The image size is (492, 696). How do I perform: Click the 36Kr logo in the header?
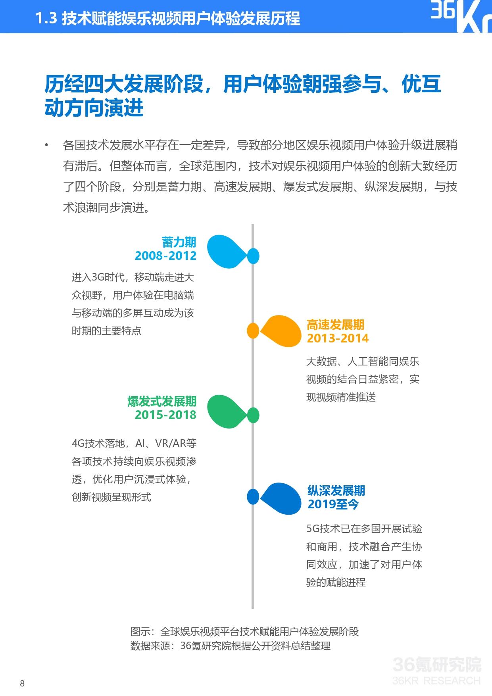[460, 17]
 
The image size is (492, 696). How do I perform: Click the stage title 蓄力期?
[179, 242]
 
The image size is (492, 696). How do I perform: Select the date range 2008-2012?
[165, 256]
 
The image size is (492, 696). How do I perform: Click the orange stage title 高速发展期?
[335, 325]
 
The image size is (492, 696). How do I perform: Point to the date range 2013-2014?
[338, 338]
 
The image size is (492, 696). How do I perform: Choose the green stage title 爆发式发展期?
[162, 402]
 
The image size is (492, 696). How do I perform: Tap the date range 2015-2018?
[165, 415]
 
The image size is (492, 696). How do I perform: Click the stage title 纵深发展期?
[336, 491]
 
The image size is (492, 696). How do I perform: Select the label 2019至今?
[333, 504]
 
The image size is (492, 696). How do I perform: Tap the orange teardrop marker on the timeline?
[280, 331]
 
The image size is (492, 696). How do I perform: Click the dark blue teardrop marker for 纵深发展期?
[280, 498]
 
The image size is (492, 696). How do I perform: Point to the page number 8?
[22, 683]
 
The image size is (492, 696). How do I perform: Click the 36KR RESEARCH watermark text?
[436, 681]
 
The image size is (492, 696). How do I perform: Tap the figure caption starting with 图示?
[244, 631]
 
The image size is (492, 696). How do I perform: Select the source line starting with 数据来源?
[230, 646]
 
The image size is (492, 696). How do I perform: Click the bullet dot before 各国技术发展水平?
[47, 145]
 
